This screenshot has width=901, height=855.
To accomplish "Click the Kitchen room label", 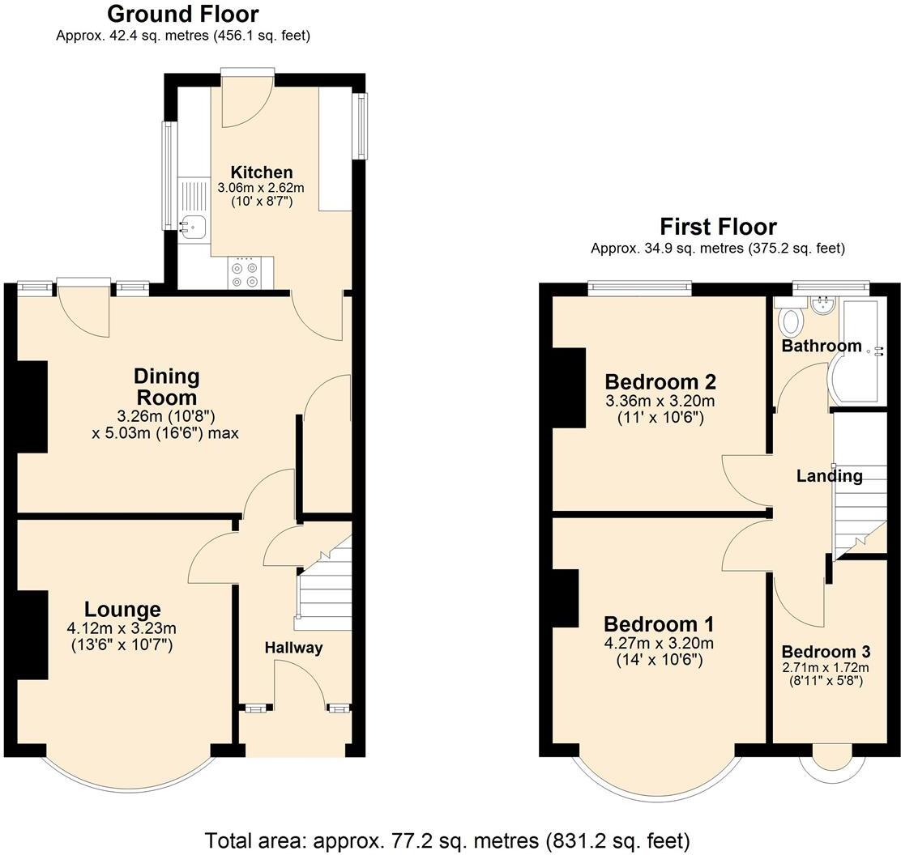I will pyautogui.click(x=261, y=172).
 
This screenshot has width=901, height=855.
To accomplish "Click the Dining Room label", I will pyautogui.click(x=166, y=387).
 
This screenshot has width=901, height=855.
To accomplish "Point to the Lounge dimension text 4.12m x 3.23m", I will pyautogui.click(x=122, y=628).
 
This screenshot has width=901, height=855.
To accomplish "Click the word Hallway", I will pyautogui.click(x=293, y=648).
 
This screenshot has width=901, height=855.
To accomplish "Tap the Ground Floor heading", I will pyautogui.click(x=182, y=14).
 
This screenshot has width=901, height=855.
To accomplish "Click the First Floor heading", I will pyautogui.click(x=717, y=226).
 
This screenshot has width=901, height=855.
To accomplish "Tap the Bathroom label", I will pyautogui.click(x=821, y=347).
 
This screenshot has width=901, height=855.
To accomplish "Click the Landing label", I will pyautogui.click(x=829, y=476).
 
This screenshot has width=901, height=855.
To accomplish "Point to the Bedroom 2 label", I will pyautogui.click(x=660, y=381).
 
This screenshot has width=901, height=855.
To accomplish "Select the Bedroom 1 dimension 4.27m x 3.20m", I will pyautogui.click(x=659, y=644).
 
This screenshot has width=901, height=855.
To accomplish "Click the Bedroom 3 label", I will pyautogui.click(x=826, y=652).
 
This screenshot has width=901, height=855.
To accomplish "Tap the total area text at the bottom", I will pyautogui.click(x=447, y=840).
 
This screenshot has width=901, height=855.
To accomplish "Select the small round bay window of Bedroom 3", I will pyautogui.click(x=826, y=761).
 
